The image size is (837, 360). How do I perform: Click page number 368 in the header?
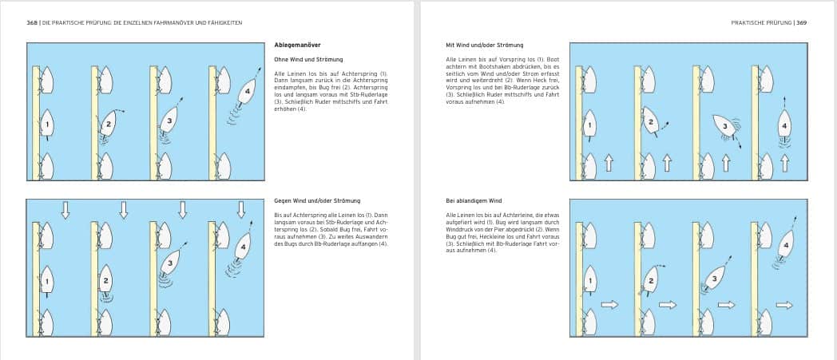tap(32, 22)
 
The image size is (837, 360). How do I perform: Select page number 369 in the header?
tap(801, 22)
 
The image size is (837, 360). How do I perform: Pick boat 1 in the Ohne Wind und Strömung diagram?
tap(47, 125)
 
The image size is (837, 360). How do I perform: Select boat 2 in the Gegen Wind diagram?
tap(105, 281)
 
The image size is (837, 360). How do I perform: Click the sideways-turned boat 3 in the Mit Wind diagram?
tap(724, 127)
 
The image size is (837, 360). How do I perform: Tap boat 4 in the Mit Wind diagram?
tap(785, 125)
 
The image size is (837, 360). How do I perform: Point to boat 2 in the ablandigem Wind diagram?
tap(651, 282)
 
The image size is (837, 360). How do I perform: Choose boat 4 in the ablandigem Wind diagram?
tap(786, 245)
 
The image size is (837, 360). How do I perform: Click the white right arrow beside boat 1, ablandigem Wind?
tap(610, 304)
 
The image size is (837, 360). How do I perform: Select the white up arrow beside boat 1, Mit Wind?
tap(609, 164)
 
